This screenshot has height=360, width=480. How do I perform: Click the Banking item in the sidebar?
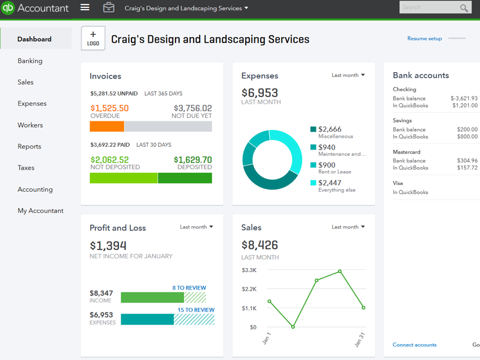point(30,61)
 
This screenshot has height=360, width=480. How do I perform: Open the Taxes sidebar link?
point(26,168)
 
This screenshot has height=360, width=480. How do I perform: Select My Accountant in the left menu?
point(40,211)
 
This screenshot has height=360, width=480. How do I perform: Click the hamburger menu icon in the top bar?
point(85,8)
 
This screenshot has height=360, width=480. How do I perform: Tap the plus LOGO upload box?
point(93,38)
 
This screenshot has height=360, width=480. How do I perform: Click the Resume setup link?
point(424,39)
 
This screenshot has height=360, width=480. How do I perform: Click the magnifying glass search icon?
point(464,8)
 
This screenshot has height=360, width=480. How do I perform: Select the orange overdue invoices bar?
point(107,126)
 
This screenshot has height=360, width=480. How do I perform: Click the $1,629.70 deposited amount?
point(193,160)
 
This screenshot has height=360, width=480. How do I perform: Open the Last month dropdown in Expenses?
point(348,75)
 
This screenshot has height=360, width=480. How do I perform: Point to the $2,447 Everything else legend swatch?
point(313,183)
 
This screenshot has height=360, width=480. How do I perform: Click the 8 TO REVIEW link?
point(189,288)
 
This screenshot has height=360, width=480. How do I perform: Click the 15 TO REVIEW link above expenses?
point(196,310)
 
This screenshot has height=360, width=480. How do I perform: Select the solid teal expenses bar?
point(147,319)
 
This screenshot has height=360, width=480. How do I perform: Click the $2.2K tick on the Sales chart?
point(249,289)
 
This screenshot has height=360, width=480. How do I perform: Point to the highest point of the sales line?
point(340,271)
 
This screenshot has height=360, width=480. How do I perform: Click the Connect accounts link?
point(414,345)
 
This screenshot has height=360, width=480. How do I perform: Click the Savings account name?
point(402,121)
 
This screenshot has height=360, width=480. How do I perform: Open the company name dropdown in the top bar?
point(186,8)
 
